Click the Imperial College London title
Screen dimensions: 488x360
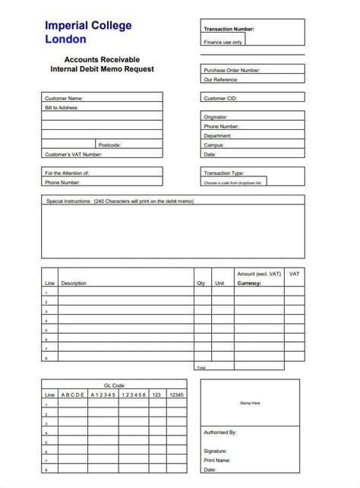pos(87,32)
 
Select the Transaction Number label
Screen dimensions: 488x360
pos(229,29)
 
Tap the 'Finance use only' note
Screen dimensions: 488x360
pos(223,43)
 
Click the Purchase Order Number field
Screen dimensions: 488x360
pos(273,70)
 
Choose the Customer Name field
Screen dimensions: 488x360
pos(122,98)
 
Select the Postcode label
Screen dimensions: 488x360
pos(109,144)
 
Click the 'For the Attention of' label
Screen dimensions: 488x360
pos(67,173)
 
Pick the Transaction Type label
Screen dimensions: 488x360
pos(223,173)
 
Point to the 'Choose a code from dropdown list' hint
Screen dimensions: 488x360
pos(232,182)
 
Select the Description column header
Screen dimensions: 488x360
pos(74,283)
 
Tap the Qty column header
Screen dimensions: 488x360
pos(201,283)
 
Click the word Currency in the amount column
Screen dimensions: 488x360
pos(249,283)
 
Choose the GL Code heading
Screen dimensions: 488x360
pos(113,385)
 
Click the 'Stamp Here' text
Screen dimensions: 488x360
pos(250,403)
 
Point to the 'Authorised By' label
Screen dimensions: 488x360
pos(220,432)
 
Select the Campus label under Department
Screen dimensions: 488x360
pos(214,144)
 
